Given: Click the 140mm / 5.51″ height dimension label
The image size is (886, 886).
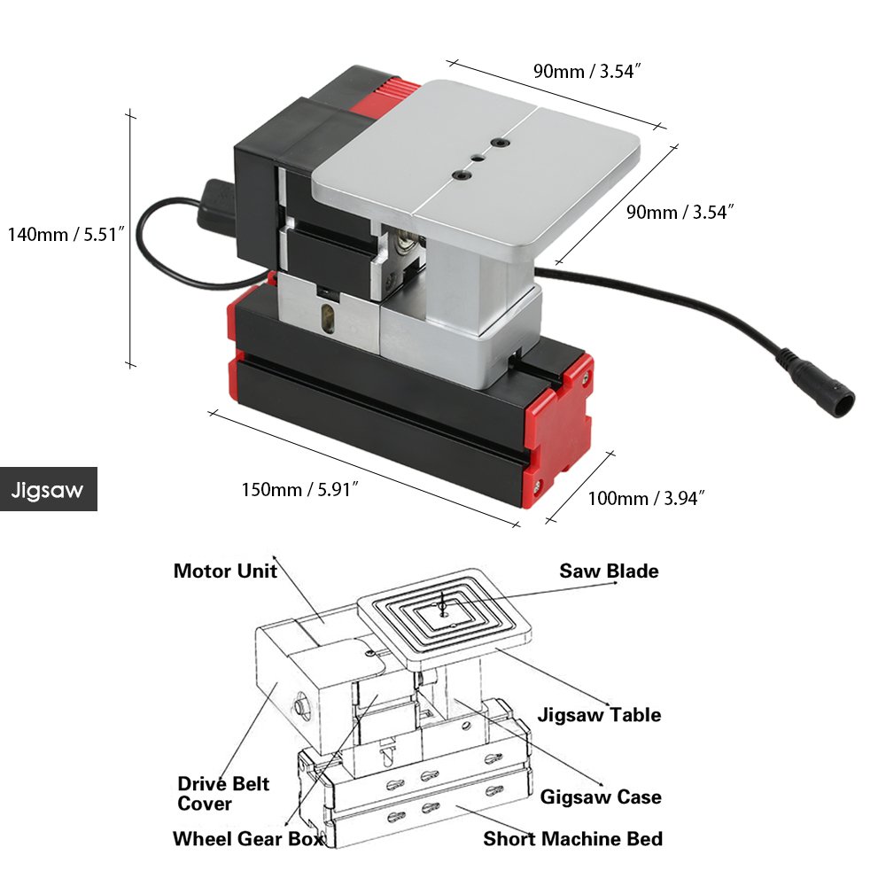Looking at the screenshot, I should tap(66, 235).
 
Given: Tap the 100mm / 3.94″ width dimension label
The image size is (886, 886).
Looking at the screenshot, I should tap(646, 498).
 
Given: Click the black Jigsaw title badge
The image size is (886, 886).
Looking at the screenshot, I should tap(48, 490).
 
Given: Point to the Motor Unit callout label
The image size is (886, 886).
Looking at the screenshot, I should tap(225, 571).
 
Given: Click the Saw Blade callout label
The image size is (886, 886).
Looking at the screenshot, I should tap(609, 571).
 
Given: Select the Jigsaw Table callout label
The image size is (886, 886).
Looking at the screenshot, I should tap(599, 714).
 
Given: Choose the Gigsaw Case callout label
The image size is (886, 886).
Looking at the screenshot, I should tap(601, 797).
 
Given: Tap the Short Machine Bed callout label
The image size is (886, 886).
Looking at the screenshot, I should tap(572, 838).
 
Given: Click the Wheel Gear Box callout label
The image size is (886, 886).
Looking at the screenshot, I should tap(248, 838).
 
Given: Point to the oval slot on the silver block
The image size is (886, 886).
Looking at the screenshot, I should tap(330, 317).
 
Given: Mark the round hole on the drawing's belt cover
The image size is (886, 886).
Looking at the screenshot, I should tap(299, 706).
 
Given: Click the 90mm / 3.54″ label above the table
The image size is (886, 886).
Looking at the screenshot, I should tap(587, 72).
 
